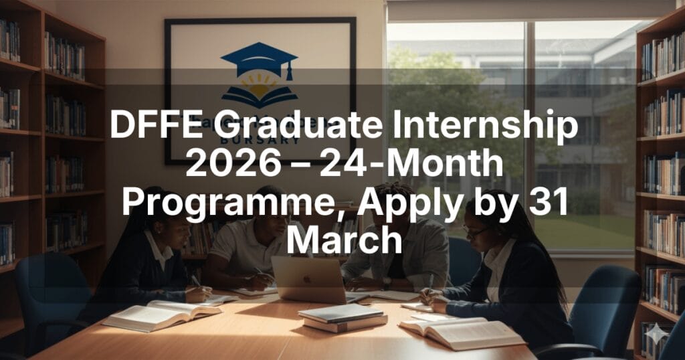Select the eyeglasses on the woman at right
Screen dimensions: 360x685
(x=475, y=232)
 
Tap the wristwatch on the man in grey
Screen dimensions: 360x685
(x=386, y=283)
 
